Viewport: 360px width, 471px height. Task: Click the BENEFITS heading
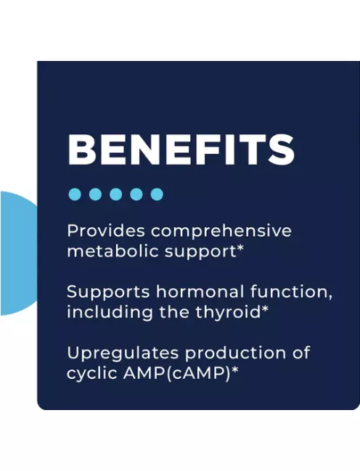coord(181,150)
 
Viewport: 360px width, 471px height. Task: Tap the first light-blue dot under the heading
coord(75,194)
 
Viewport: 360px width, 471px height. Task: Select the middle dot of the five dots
coord(115,194)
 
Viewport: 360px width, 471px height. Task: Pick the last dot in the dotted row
coord(157,194)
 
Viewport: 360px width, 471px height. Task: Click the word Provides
coord(107,231)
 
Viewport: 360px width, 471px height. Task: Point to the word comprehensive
coord(221,232)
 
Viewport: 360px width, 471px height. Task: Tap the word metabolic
coord(112,251)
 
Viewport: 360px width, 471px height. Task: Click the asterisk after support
coord(240,248)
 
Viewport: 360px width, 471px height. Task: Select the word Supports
coord(108,292)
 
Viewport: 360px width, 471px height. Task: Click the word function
coord(289,292)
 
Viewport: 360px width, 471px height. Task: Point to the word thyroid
coord(228,312)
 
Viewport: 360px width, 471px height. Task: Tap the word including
coord(110,312)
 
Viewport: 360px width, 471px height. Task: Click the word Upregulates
coord(123,353)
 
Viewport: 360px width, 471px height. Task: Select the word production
coord(235,353)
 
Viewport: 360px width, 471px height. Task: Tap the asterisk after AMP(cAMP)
coord(234,370)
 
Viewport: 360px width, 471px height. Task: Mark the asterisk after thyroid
coord(265,308)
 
